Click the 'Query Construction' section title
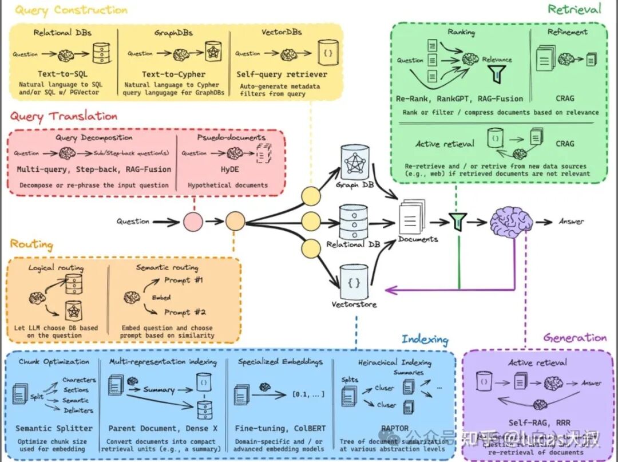pyautogui.click(x=71, y=10)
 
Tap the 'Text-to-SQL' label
pyautogui.click(x=61, y=74)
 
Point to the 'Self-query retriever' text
pyautogui.click(x=282, y=74)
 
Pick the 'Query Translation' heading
pyautogui.click(x=64, y=117)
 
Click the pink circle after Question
pyautogui.click(x=193, y=221)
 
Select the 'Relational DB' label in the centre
pyautogui.click(x=353, y=244)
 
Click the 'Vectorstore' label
pyautogui.click(x=354, y=304)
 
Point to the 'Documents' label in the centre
pyautogui.click(x=418, y=239)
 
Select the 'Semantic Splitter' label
pyautogui.click(x=54, y=428)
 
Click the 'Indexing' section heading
pyautogui.click(x=425, y=339)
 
